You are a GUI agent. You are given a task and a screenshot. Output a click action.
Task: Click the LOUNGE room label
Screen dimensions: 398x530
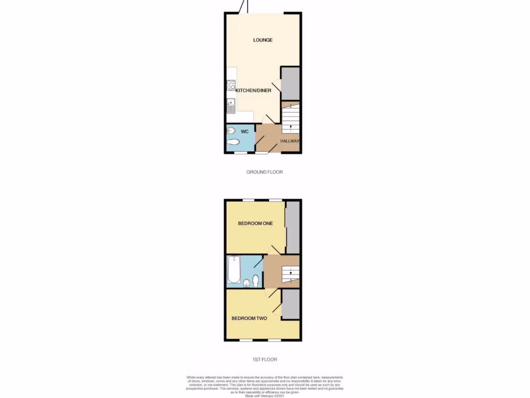[263, 40]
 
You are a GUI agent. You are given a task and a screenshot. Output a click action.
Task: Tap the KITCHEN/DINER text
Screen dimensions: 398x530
[254, 90]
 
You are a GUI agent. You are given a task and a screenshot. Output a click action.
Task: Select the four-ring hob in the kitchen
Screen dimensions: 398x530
[231, 85]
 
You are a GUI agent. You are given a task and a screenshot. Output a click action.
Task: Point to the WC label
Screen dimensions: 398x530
[245, 132]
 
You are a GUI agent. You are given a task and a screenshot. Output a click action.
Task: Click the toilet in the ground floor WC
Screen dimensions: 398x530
[233, 142]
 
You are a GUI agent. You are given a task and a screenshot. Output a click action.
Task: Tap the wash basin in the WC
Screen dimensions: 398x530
[231, 131]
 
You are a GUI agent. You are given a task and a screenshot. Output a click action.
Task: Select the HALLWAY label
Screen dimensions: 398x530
[290, 141]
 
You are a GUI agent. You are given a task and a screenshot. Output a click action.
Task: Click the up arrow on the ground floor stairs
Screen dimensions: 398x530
[291, 126]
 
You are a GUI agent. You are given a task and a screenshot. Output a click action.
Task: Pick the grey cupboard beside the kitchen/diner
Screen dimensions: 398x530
[290, 83]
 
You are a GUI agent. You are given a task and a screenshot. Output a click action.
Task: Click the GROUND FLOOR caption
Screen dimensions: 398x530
[265, 172]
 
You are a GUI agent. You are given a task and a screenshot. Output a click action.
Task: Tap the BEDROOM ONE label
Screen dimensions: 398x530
[255, 224]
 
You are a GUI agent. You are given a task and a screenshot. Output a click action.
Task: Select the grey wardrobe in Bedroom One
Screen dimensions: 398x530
[293, 227]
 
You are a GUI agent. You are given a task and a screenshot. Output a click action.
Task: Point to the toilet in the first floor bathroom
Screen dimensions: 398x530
[256, 280]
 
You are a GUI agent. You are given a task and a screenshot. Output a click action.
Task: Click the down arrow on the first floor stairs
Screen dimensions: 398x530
[291, 273]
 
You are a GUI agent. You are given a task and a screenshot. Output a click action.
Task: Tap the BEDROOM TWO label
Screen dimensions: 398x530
[249, 318]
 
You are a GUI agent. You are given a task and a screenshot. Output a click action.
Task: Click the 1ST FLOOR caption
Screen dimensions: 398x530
[265, 359]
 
